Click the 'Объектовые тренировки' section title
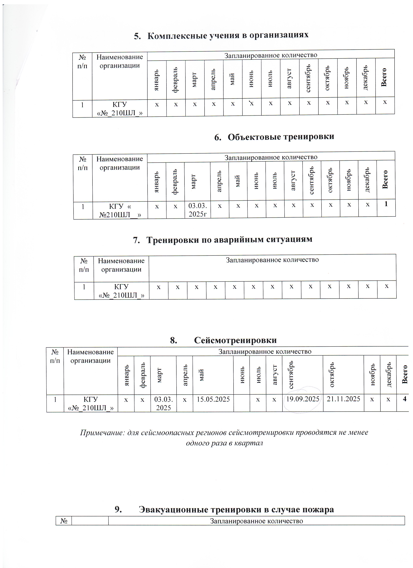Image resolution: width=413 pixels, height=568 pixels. (281, 137)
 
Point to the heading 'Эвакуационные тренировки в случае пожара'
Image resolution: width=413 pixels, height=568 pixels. (236, 510)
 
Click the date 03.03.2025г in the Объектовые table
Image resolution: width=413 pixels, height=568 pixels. (197, 210)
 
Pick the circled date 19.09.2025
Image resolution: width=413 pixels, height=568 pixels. (303, 399)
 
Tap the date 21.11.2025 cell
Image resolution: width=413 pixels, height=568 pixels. (343, 399)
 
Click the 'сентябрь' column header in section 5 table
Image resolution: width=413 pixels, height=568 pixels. (309, 78)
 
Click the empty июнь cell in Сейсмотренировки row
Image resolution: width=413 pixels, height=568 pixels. (241, 403)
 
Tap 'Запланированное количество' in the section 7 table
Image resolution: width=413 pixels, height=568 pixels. (272, 260)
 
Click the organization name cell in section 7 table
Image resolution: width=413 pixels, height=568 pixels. (121, 291)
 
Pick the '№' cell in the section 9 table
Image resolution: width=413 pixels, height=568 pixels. (64, 521)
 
